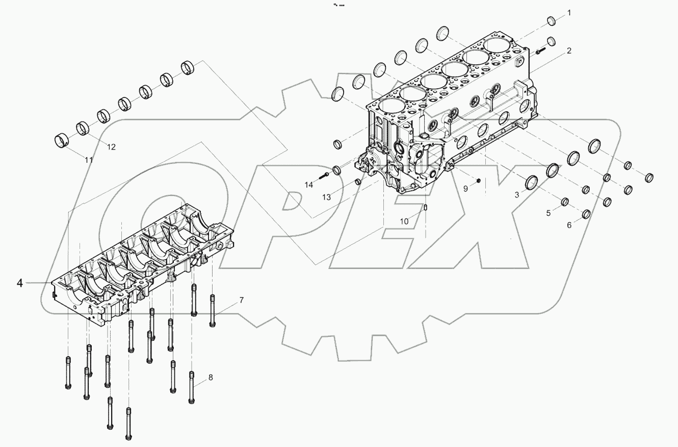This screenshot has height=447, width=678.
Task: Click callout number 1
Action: (569, 12)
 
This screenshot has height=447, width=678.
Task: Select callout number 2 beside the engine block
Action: (568, 51)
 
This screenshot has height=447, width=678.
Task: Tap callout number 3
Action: (516, 195)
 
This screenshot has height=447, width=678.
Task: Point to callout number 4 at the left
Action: (19, 283)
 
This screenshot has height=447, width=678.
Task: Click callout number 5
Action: (549, 213)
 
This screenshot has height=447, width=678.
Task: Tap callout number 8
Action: (210, 378)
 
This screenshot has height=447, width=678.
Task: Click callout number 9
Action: (465, 188)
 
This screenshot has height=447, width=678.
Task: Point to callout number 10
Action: (404, 221)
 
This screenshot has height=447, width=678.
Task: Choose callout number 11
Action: (89, 160)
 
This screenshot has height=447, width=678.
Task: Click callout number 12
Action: (111, 147)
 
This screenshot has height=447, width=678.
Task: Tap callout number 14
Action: (309, 185)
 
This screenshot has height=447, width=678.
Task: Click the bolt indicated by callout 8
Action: (192, 387)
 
